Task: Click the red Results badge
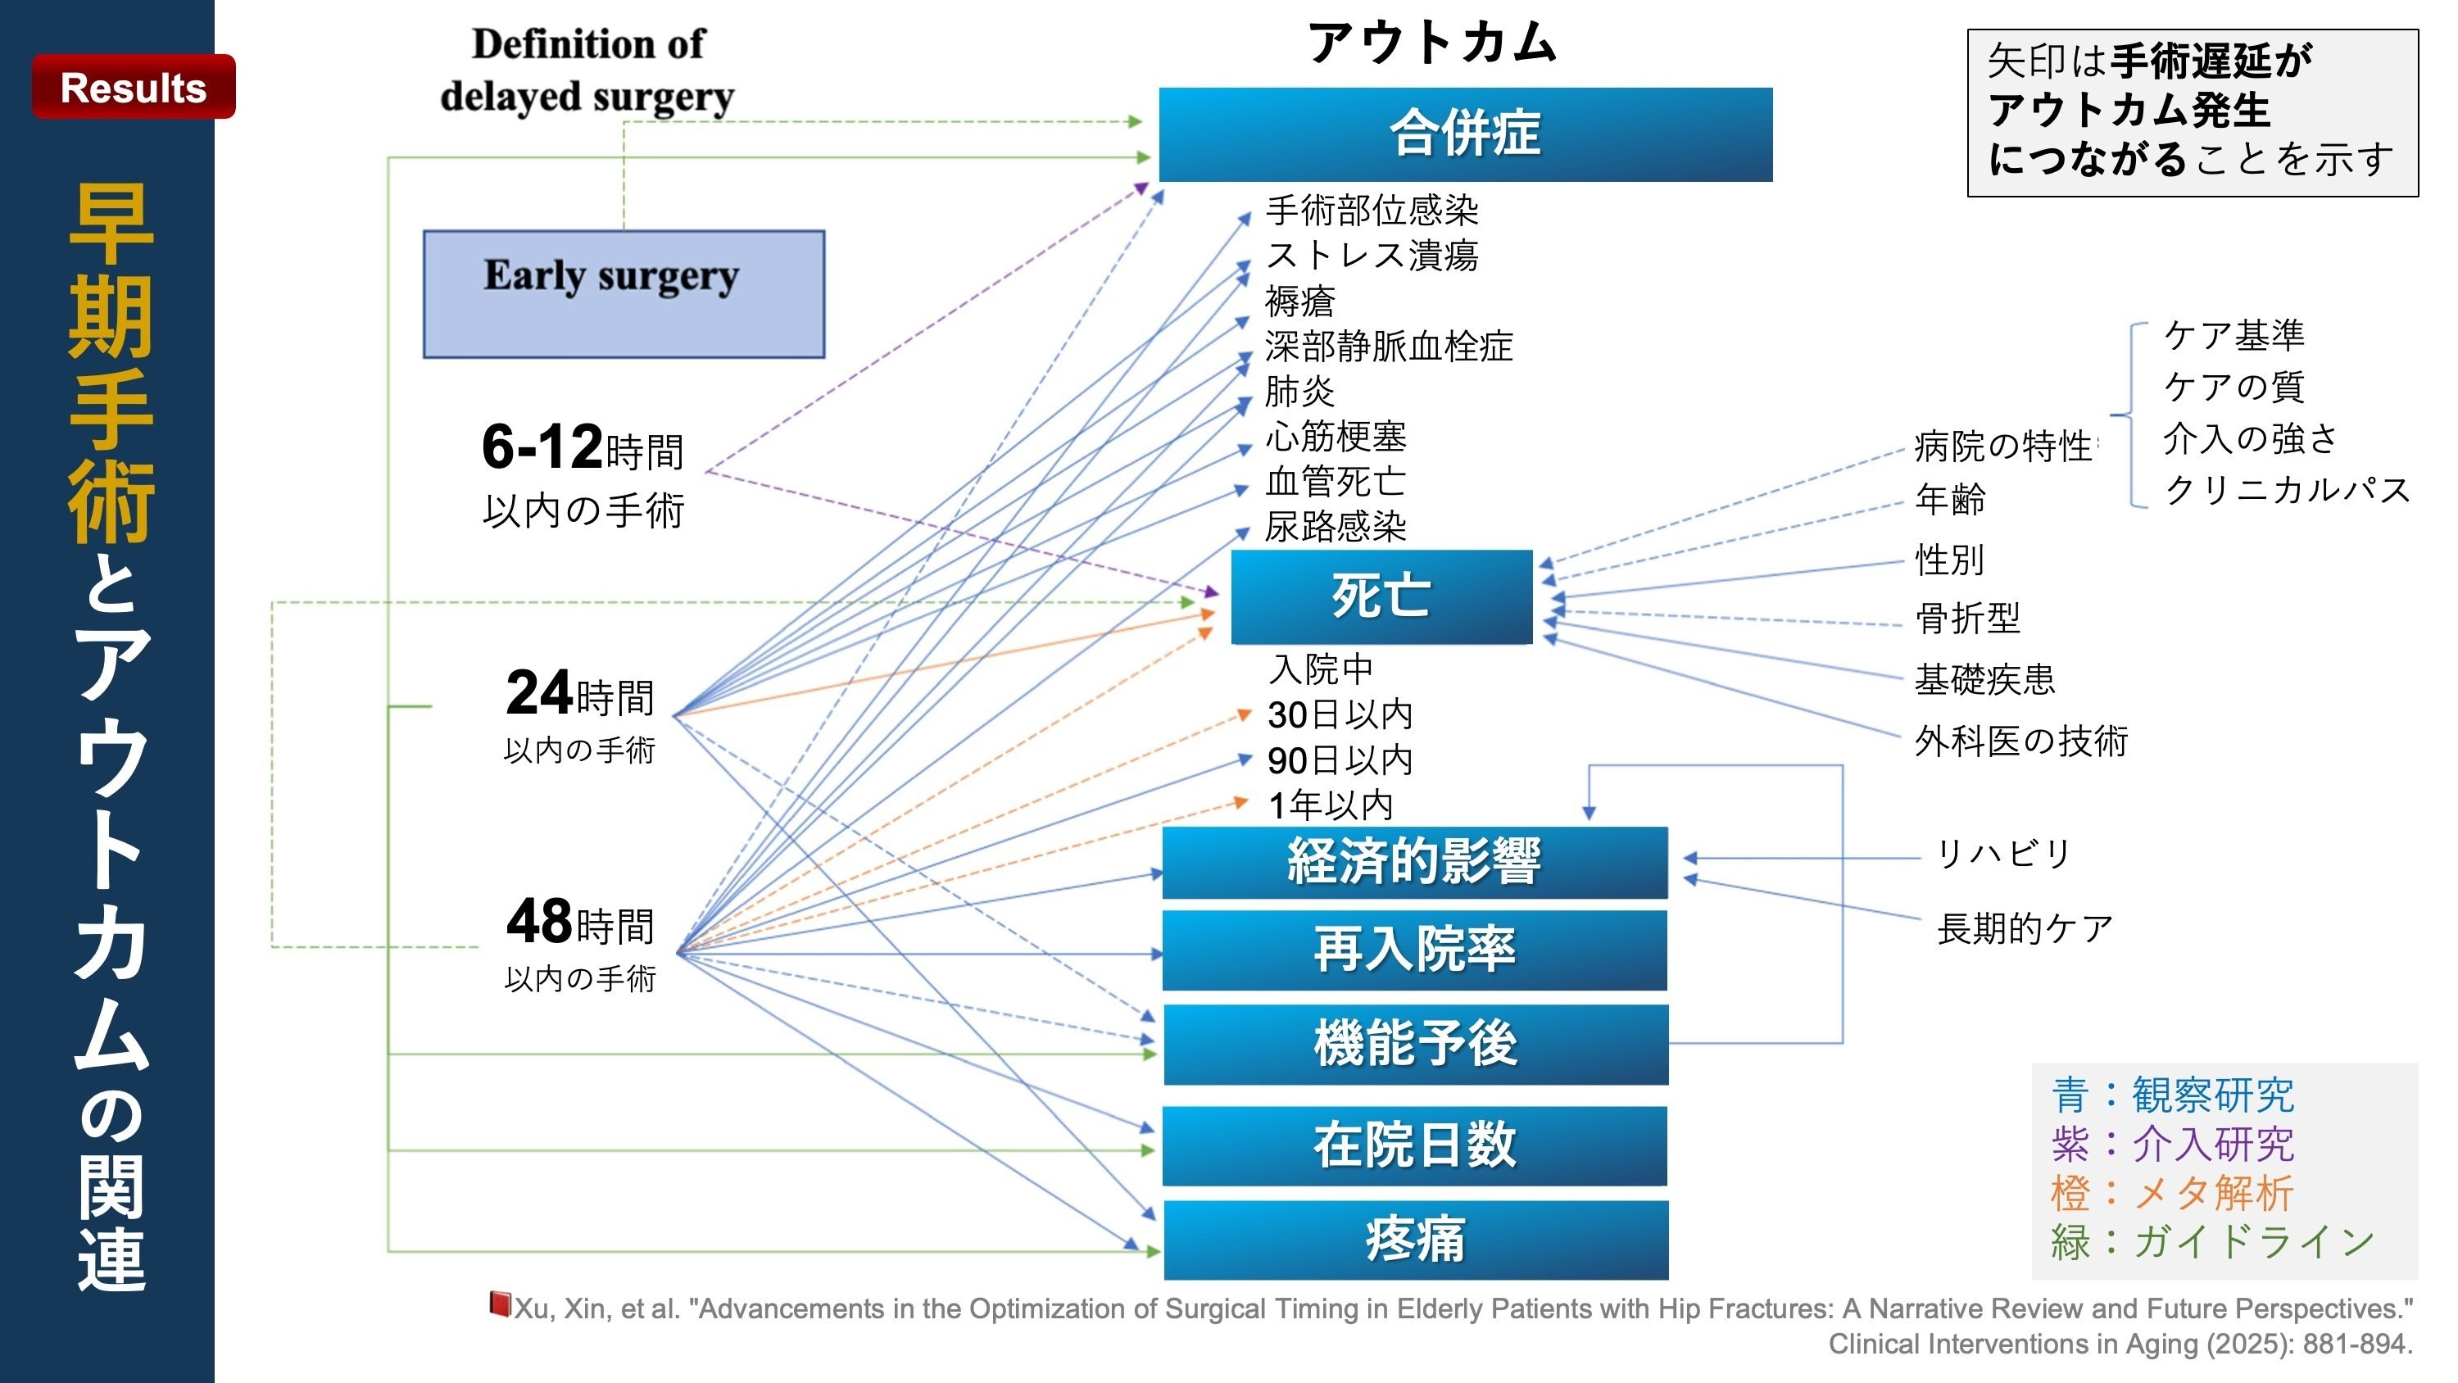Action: pyautogui.click(x=134, y=87)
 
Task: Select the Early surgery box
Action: pyautogui.click(x=624, y=294)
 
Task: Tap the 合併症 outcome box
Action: pyautogui.click(x=1466, y=134)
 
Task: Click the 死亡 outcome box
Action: pyautogui.click(x=1381, y=596)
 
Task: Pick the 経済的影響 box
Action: pyautogui.click(x=1415, y=862)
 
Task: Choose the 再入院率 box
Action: pyautogui.click(x=1415, y=950)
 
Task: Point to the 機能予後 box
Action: pyautogui.click(x=1416, y=1043)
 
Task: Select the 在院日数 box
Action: pyautogui.click(x=1415, y=1145)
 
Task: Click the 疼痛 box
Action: pyautogui.click(x=1416, y=1240)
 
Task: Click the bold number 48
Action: pyautogui.click(x=539, y=921)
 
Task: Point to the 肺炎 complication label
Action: pyautogui.click(x=1299, y=392)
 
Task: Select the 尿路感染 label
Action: pyautogui.click(x=1336, y=526)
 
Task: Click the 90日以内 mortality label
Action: pyautogui.click(x=1340, y=760)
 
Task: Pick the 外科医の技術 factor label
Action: pyautogui.click(x=2022, y=741)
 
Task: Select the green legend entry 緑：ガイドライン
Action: pyautogui.click(x=2213, y=1242)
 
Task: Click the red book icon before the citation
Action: pyautogui.click(x=499, y=1304)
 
